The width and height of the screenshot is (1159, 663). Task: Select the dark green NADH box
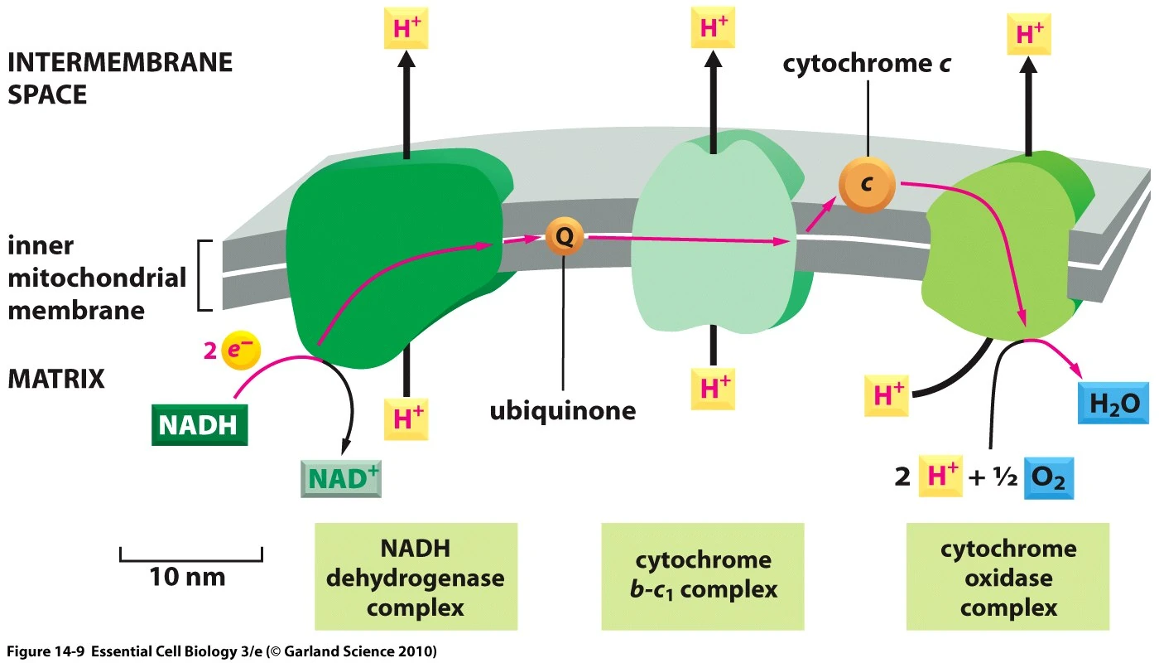pyautogui.click(x=200, y=424)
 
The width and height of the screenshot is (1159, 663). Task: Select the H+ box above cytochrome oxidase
pyautogui.click(x=1029, y=36)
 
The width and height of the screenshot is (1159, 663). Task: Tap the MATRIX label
pyautogui.click(x=56, y=379)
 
